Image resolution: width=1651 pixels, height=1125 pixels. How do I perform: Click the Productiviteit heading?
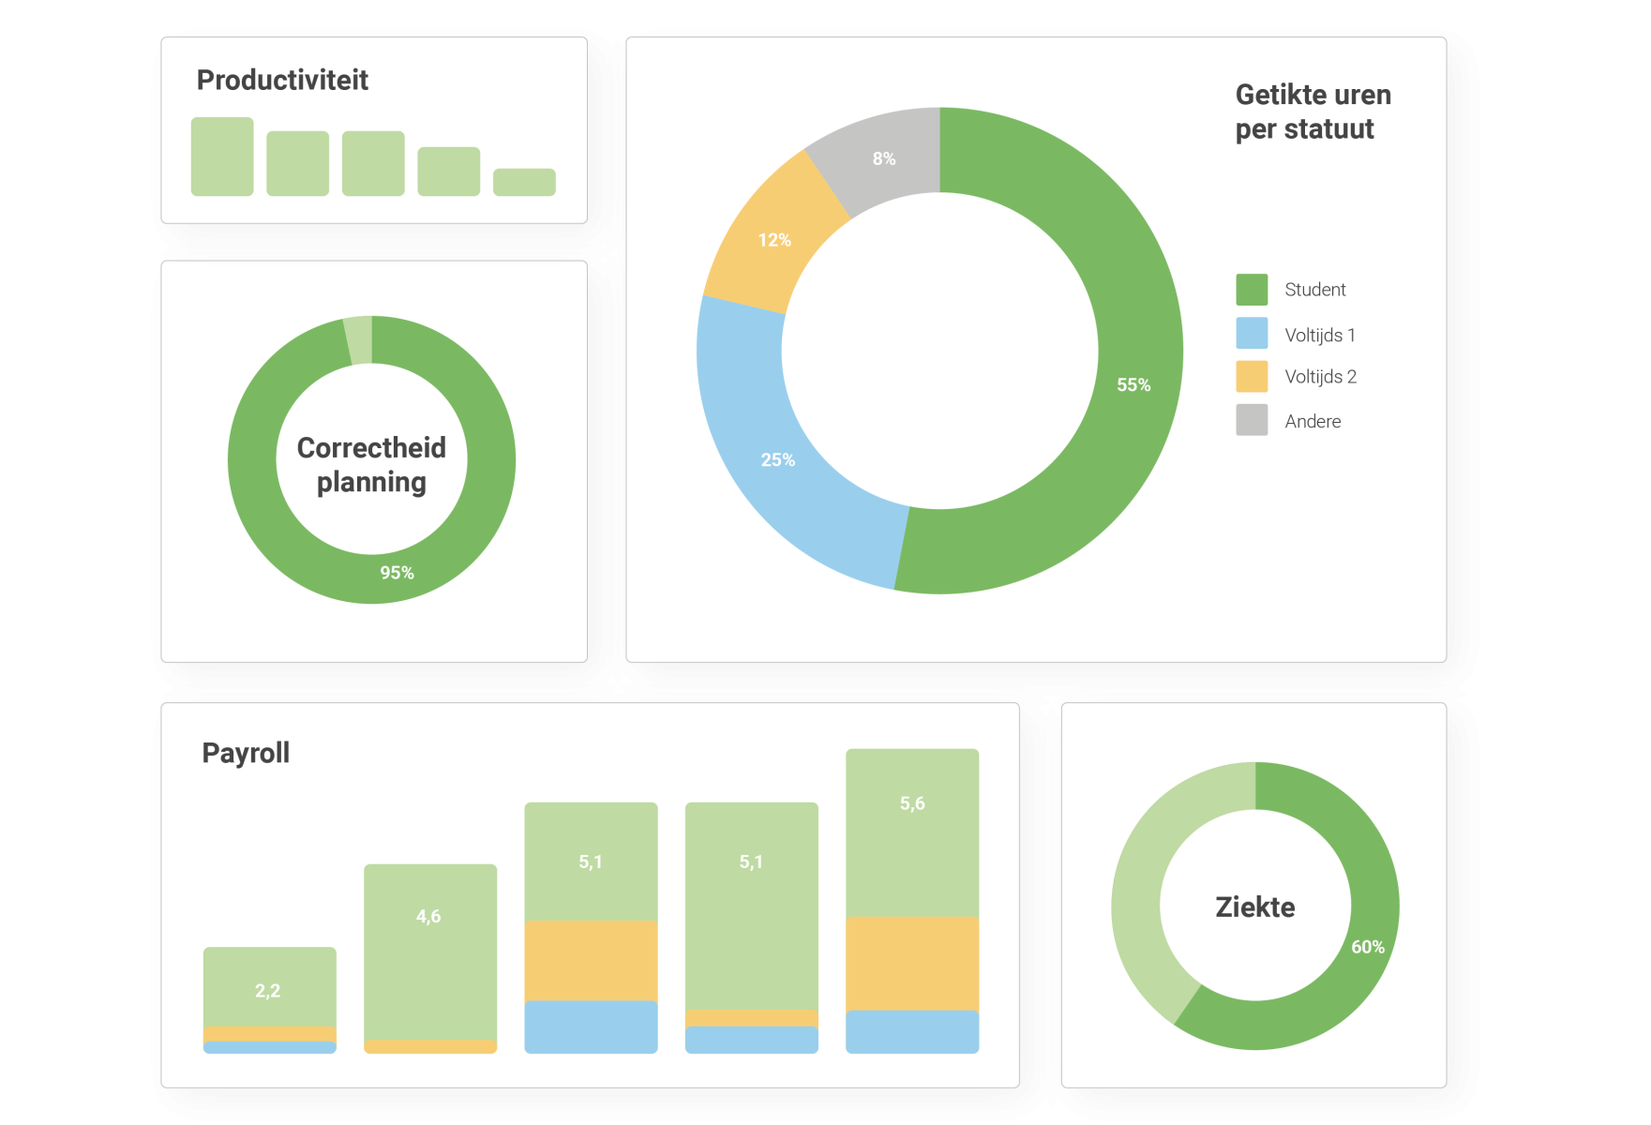point(282,81)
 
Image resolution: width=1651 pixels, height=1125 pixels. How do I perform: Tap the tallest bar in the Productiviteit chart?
point(222,157)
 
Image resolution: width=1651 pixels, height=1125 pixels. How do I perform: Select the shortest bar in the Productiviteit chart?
point(524,182)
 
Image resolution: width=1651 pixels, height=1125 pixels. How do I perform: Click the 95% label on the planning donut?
point(397,573)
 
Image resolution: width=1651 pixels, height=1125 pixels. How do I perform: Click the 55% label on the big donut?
point(1133,385)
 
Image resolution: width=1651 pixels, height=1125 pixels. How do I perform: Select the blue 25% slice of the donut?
point(778,459)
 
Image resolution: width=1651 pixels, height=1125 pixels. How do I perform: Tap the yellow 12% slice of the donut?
point(774,240)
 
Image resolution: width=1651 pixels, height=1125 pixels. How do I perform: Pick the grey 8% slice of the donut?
point(884,158)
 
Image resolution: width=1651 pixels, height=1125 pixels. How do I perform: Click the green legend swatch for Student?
point(1252,290)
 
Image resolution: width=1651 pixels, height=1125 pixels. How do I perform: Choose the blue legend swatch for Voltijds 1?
point(1252,334)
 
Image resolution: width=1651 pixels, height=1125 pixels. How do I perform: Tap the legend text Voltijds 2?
point(1320,377)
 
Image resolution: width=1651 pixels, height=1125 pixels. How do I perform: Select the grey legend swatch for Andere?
point(1252,420)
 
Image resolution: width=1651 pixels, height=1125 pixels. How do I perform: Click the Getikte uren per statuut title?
point(1313,112)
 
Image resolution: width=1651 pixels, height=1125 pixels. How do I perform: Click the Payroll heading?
point(246,753)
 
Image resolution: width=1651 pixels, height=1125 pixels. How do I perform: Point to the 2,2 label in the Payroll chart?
point(268,991)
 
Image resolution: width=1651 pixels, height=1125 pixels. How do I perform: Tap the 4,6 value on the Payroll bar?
point(428,916)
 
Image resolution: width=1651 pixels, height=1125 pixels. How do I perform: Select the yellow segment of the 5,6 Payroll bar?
point(912,963)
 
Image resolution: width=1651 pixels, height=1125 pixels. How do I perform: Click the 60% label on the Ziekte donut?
point(1368,947)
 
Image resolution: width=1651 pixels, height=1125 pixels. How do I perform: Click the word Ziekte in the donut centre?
point(1255,907)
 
